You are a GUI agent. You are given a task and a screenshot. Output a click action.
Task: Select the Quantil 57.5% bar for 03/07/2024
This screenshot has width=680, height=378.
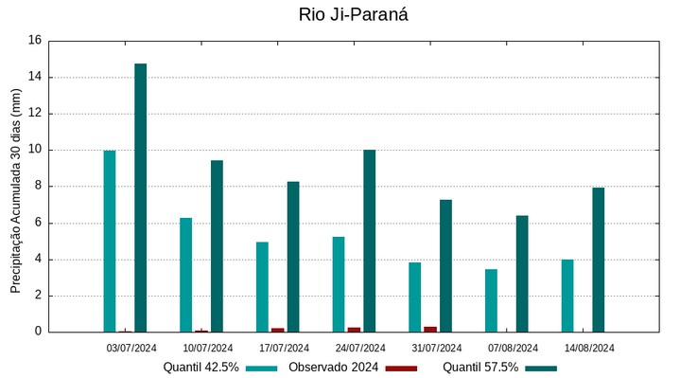coord(140,197)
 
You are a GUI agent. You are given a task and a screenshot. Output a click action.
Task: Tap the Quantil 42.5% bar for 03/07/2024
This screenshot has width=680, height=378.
coord(110,241)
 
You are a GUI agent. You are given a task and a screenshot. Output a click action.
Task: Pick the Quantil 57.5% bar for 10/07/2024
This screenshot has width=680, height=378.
coord(217,245)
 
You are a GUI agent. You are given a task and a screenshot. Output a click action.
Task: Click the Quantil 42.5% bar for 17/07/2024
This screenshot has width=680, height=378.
coord(262,286)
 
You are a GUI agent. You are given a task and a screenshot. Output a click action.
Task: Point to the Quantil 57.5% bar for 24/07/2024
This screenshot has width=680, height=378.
coord(369,241)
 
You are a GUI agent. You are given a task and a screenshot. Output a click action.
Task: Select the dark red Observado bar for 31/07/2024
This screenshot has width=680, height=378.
coord(430,329)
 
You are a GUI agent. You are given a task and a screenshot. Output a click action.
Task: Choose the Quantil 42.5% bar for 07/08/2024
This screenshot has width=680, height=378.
coord(491,300)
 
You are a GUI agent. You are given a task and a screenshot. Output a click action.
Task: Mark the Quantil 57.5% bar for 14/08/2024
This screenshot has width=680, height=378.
coord(598,260)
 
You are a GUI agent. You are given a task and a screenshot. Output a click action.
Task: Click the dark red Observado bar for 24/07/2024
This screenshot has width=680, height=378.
coord(354,329)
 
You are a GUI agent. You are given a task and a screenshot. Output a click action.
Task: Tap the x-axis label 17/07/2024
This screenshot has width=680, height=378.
coord(284,348)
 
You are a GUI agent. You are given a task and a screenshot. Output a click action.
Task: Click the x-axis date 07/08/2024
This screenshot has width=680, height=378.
coord(513,348)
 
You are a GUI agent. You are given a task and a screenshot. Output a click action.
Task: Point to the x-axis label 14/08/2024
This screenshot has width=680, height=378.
coord(589,348)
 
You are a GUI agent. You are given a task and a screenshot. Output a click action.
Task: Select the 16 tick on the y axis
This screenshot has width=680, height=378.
coord(35,41)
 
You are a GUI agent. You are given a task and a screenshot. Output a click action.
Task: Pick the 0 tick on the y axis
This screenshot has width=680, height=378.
coord(38,332)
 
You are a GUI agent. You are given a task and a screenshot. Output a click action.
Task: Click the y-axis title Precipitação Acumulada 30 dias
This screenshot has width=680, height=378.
coord(15,189)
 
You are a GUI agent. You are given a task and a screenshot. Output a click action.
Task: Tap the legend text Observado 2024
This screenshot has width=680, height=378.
coord(333,368)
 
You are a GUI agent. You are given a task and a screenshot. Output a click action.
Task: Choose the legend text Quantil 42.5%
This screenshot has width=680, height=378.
coord(201,368)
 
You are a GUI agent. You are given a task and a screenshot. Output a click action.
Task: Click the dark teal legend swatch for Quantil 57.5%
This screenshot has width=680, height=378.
coord(542,368)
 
